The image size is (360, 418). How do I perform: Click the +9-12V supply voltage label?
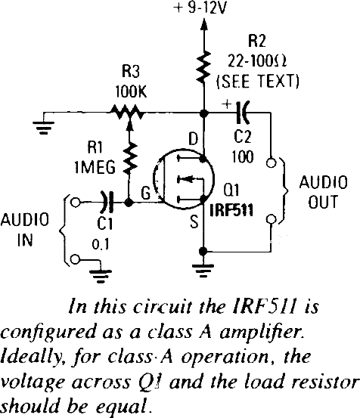(200, 8)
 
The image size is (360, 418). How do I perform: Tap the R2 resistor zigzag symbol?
(204, 67)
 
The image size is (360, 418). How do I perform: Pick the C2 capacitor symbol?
(244, 113)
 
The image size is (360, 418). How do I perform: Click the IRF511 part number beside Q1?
(231, 210)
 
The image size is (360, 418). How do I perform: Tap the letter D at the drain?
(194, 138)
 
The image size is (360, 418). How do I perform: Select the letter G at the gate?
(146, 194)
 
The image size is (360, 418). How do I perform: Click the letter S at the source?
(194, 221)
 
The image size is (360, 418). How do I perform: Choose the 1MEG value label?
(95, 167)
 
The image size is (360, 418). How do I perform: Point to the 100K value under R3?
(131, 92)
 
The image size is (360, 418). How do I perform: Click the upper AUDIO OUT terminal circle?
(272, 163)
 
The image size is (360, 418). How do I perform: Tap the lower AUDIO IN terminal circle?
(76, 259)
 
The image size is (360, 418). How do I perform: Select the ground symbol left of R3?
(43, 128)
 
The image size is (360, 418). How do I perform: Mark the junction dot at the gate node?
(129, 203)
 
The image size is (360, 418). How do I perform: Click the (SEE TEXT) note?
(258, 82)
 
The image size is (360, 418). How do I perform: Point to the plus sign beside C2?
(227, 104)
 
